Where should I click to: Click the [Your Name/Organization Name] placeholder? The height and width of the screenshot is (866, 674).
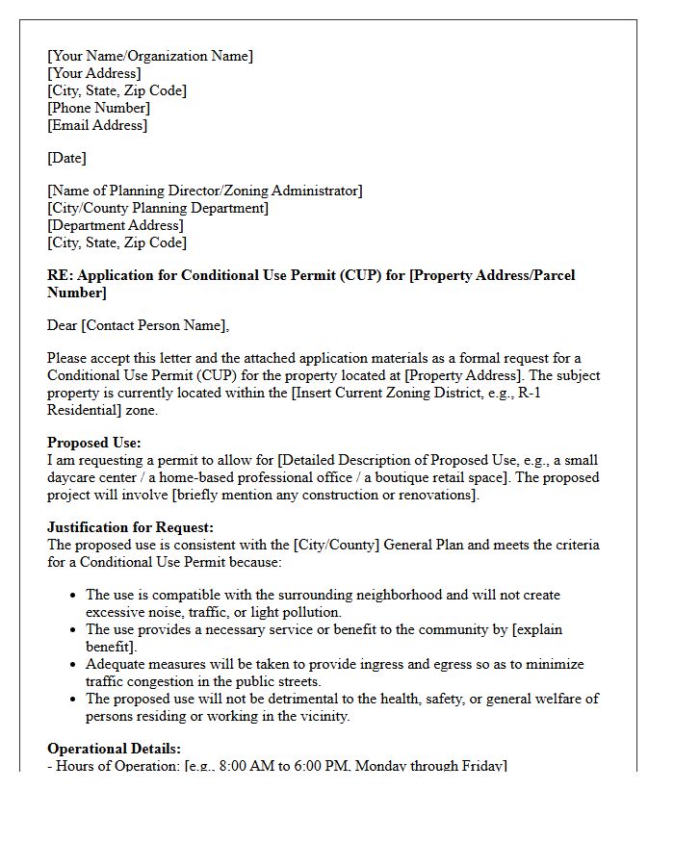click(x=150, y=56)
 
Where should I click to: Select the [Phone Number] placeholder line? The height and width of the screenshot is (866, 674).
click(x=98, y=108)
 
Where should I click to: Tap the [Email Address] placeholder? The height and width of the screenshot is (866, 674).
click(x=97, y=125)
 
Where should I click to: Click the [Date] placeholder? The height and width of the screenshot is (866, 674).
click(x=66, y=158)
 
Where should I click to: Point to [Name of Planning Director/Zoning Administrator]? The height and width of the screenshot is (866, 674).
click(x=205, y=191)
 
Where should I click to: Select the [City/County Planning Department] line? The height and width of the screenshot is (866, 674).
click(x=158, y=208)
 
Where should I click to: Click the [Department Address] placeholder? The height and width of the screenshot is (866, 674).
click(x=116, y=225)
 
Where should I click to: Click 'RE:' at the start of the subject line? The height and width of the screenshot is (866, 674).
click(x=60, y=275)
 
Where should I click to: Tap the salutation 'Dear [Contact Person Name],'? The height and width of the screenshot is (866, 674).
click(x=139, y=325)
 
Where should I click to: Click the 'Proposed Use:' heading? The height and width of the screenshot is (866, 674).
click(x=94, y=443)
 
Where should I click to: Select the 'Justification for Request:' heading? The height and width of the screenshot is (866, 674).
click(x=130, y=527)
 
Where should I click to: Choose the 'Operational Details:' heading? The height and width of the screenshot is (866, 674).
click(x=114, y=749)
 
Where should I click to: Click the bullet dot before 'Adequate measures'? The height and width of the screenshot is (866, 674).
click(x=73, y=664)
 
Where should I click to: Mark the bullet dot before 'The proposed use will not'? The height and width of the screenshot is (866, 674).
click(x=73, y=699)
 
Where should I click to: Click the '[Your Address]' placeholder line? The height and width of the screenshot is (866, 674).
click(x=93, y=73)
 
